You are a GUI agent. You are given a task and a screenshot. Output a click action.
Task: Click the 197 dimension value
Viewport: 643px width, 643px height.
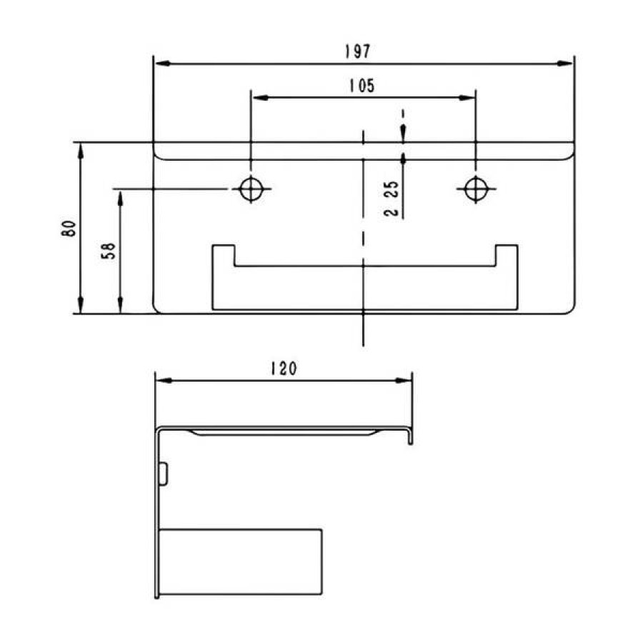click(x=357, y=51)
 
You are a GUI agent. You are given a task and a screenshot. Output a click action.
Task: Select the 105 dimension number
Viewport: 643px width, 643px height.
click(x=362, y=85)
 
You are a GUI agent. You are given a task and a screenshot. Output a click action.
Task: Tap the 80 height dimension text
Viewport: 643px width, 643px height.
click(x=69, y=228)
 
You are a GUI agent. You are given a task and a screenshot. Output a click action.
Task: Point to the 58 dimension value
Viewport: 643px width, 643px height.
click(x=109, y=251)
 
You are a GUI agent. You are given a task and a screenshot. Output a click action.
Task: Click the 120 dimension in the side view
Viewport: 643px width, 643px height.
click(x=284, y=368)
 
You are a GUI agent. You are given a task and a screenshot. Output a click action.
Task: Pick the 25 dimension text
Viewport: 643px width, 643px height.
click(x=393, y=189)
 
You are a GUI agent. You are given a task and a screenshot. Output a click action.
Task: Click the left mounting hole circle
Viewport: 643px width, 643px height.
click(x=251, y=189)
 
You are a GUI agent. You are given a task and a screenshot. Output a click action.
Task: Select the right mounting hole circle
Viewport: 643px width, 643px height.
click(x=476, y=189)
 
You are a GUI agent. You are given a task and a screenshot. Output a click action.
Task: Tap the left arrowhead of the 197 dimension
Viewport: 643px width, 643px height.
click(x=163, y=64)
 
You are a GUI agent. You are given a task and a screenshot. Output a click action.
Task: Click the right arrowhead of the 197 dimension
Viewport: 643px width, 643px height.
click(x=564, y=64)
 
